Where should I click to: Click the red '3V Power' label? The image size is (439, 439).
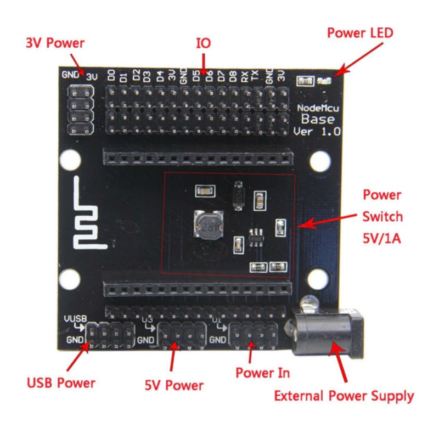coord(55,43)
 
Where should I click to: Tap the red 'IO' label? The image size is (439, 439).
coord(204,43)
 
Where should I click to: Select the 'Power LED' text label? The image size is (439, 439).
coord(360,33)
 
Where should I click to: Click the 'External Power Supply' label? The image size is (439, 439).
coord(344,396)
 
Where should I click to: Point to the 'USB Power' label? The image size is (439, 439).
coord(61,382)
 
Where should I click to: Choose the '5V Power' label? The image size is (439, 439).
coord(174,385)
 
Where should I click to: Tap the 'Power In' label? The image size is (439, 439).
coord(263,373)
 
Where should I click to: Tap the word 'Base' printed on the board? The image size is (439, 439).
coord(320,119)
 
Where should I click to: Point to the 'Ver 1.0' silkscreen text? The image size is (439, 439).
coord(317,132)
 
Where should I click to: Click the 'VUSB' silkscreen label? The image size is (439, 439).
coord(75,318)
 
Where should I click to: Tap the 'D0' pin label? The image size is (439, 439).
coord(112,76)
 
